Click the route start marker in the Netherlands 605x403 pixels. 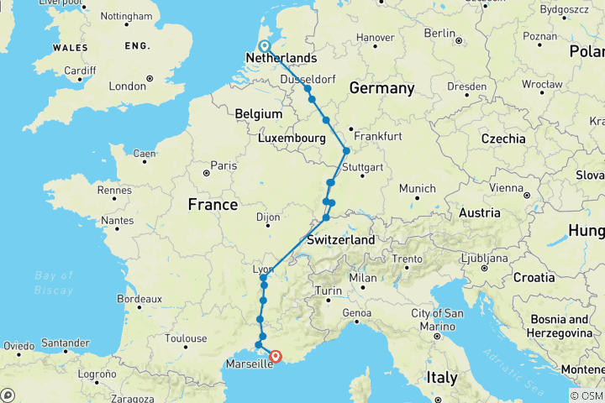[264, 47]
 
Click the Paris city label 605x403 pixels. [223, 165]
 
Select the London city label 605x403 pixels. [127, 86]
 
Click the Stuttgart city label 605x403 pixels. [362, 167]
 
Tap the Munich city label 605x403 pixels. [418, 188]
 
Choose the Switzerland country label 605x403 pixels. [340, 239]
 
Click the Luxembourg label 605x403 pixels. [292, 138]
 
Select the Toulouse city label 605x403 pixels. [187, 339]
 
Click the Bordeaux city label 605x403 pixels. [139, 298]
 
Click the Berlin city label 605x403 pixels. [439, 33]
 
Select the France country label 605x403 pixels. [213, 205]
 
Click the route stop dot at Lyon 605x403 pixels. [264, 277]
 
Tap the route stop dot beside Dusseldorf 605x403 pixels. [308, 89]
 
